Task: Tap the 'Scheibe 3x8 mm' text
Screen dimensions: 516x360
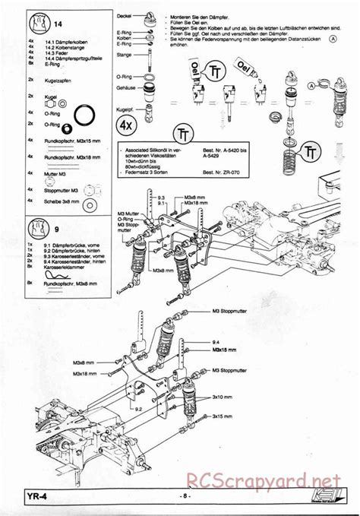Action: click(x=60, y=204)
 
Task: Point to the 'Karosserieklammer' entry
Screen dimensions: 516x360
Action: click(x=64, y=267)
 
